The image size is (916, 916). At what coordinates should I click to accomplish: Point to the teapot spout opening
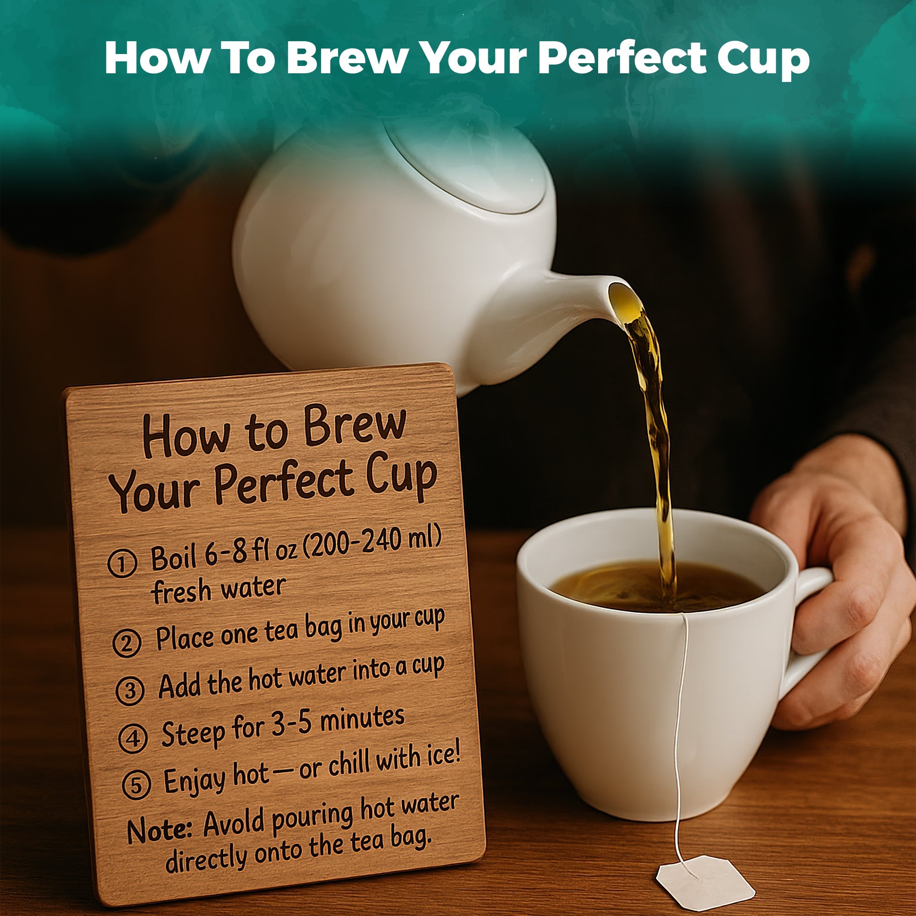point(624,300)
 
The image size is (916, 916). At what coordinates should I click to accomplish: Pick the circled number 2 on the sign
point(127,643)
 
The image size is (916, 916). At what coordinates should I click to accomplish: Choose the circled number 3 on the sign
point(130,691)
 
